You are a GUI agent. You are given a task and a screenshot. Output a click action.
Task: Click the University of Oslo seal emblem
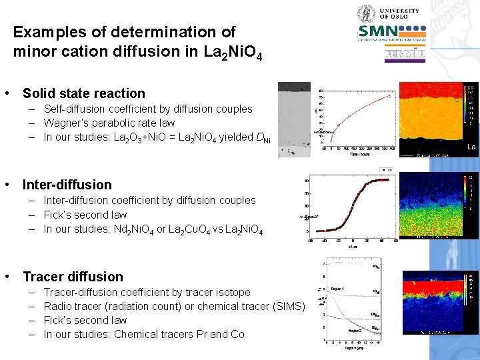click(x=367, y=13)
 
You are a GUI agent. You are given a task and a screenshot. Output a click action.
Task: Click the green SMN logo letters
click(x=378, y=32)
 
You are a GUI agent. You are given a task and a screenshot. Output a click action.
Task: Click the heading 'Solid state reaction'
click(x=83, y=93)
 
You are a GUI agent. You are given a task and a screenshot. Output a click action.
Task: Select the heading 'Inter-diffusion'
click(x=67, y=185)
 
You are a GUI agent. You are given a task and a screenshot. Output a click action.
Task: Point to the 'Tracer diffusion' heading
click(x=73, y=277)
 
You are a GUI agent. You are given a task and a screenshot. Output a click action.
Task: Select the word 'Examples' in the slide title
click(x=43, y=32)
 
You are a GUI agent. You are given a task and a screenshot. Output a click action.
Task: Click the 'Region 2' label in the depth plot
click(x=356, y=330)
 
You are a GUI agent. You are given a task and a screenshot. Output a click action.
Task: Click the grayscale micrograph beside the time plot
click(x=294, y=120)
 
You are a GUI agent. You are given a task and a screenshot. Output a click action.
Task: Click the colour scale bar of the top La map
click(x=471, y=104)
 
